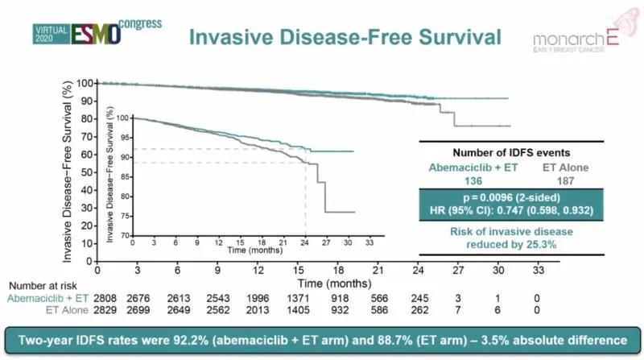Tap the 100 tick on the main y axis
[84, 83]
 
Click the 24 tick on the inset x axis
[304, 242]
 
